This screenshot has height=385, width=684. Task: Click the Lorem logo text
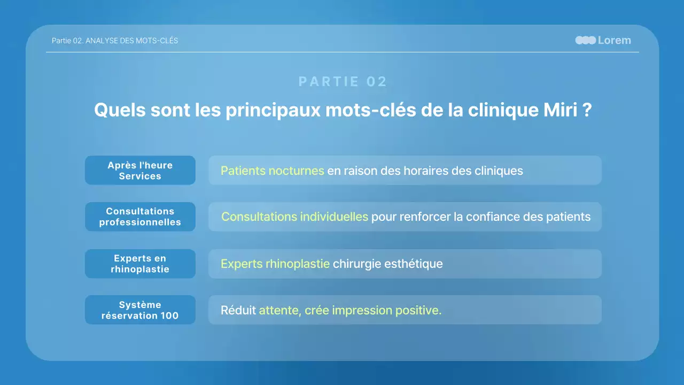(x=614, y=40)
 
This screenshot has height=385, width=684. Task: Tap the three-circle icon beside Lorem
(x=586, y=40)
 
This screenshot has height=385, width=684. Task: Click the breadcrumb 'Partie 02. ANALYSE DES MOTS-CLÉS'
(x=115, y=41)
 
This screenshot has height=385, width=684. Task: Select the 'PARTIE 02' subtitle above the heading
(x=343, y=82)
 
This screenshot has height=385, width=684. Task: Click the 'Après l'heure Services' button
(x=140, y=171)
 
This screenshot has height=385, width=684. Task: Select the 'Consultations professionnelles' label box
(x=140, y=217)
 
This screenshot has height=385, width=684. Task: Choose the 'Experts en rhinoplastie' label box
(x=140, y=264)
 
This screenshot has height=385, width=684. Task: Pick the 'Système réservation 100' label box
(x=140, y=310)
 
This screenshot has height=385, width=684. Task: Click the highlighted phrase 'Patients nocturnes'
(x=273, y=171)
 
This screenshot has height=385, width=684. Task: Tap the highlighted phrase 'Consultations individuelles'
(x=294, y=217)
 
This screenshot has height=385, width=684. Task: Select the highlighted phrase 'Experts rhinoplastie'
(x=275, y=264)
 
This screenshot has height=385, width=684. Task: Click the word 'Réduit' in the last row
(x=238, y=311)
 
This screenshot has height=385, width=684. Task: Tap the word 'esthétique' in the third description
(x=413, y=264)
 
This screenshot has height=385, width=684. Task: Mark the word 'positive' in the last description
(x=418, y=311)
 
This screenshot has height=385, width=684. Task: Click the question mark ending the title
(x=587, y=110)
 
